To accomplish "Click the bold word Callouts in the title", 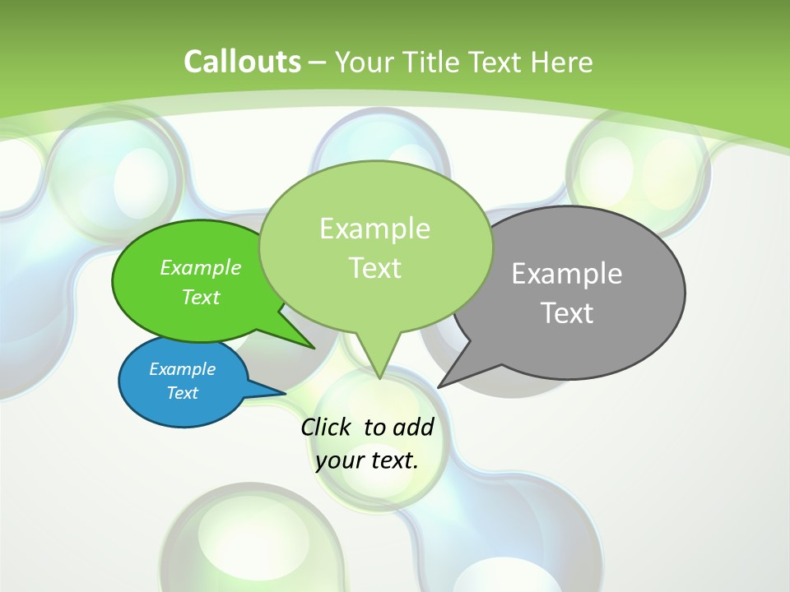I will (x=242, y=62).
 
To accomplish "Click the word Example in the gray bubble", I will (x=566, y=273).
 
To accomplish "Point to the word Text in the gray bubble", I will (x=566, y=312).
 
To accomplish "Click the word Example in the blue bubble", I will (x=182, y=369).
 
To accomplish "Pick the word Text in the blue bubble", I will (x=182, y=393).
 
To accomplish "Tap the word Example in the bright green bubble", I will (x=200, y=267).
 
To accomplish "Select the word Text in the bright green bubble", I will (x=200, y=297).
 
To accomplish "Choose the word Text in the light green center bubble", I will (x=374, y=267).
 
